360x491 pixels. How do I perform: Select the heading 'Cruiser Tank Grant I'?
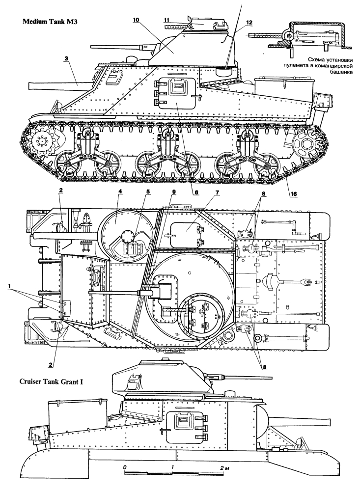[x=52, y=382]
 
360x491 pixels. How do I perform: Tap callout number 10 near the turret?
[x=136, y=20]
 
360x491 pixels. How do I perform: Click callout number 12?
[x=249, y=22]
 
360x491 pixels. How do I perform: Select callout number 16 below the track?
[x=293, y=194]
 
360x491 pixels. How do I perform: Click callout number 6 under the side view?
[x=196, y=193]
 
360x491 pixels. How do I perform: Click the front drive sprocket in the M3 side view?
[x=42, y=142]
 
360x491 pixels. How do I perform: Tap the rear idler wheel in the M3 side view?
[x=305, y=143]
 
